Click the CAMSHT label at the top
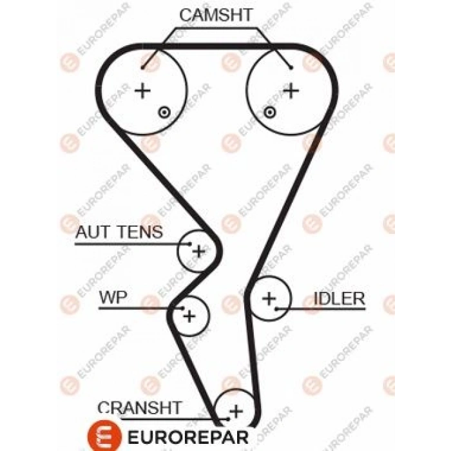pyautogui.click(x=215, y=15)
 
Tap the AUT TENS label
pyautogui.click(x=120, y=232)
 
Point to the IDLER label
pyautogui.click(x=339, y=298)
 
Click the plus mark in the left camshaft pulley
pyautogui.click(x=142, y=91)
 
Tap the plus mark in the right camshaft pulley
pyautogui.click(x=292, y=90)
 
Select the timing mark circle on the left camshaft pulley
pyautogui.click(x=164, y=112)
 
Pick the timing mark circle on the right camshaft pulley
pyautogui.click(x=270, y=112)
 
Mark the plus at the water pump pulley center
pyautogui.click(x=189, y=316)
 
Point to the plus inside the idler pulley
pyautogui.click(x=269, y=298)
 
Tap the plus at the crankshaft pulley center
pyautogui.click(x=236, y=410)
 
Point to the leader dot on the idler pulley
pyautogui.click(x=277, y=309)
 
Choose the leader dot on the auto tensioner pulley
pyautogui.click(x=189, y=244)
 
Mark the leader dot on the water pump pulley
pyautogui.click(x=181, y=309)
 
